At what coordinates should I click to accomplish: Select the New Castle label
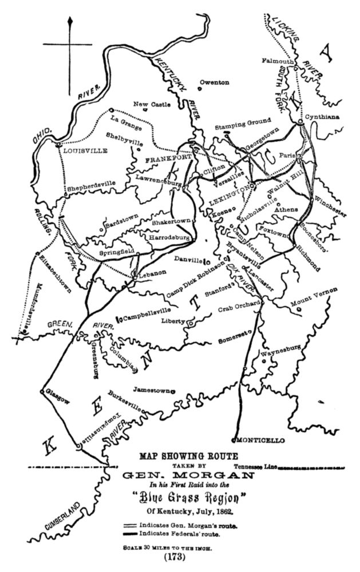(149, 104)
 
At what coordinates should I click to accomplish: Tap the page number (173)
(180, 556)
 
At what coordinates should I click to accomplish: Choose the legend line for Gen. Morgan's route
(133, 525)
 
